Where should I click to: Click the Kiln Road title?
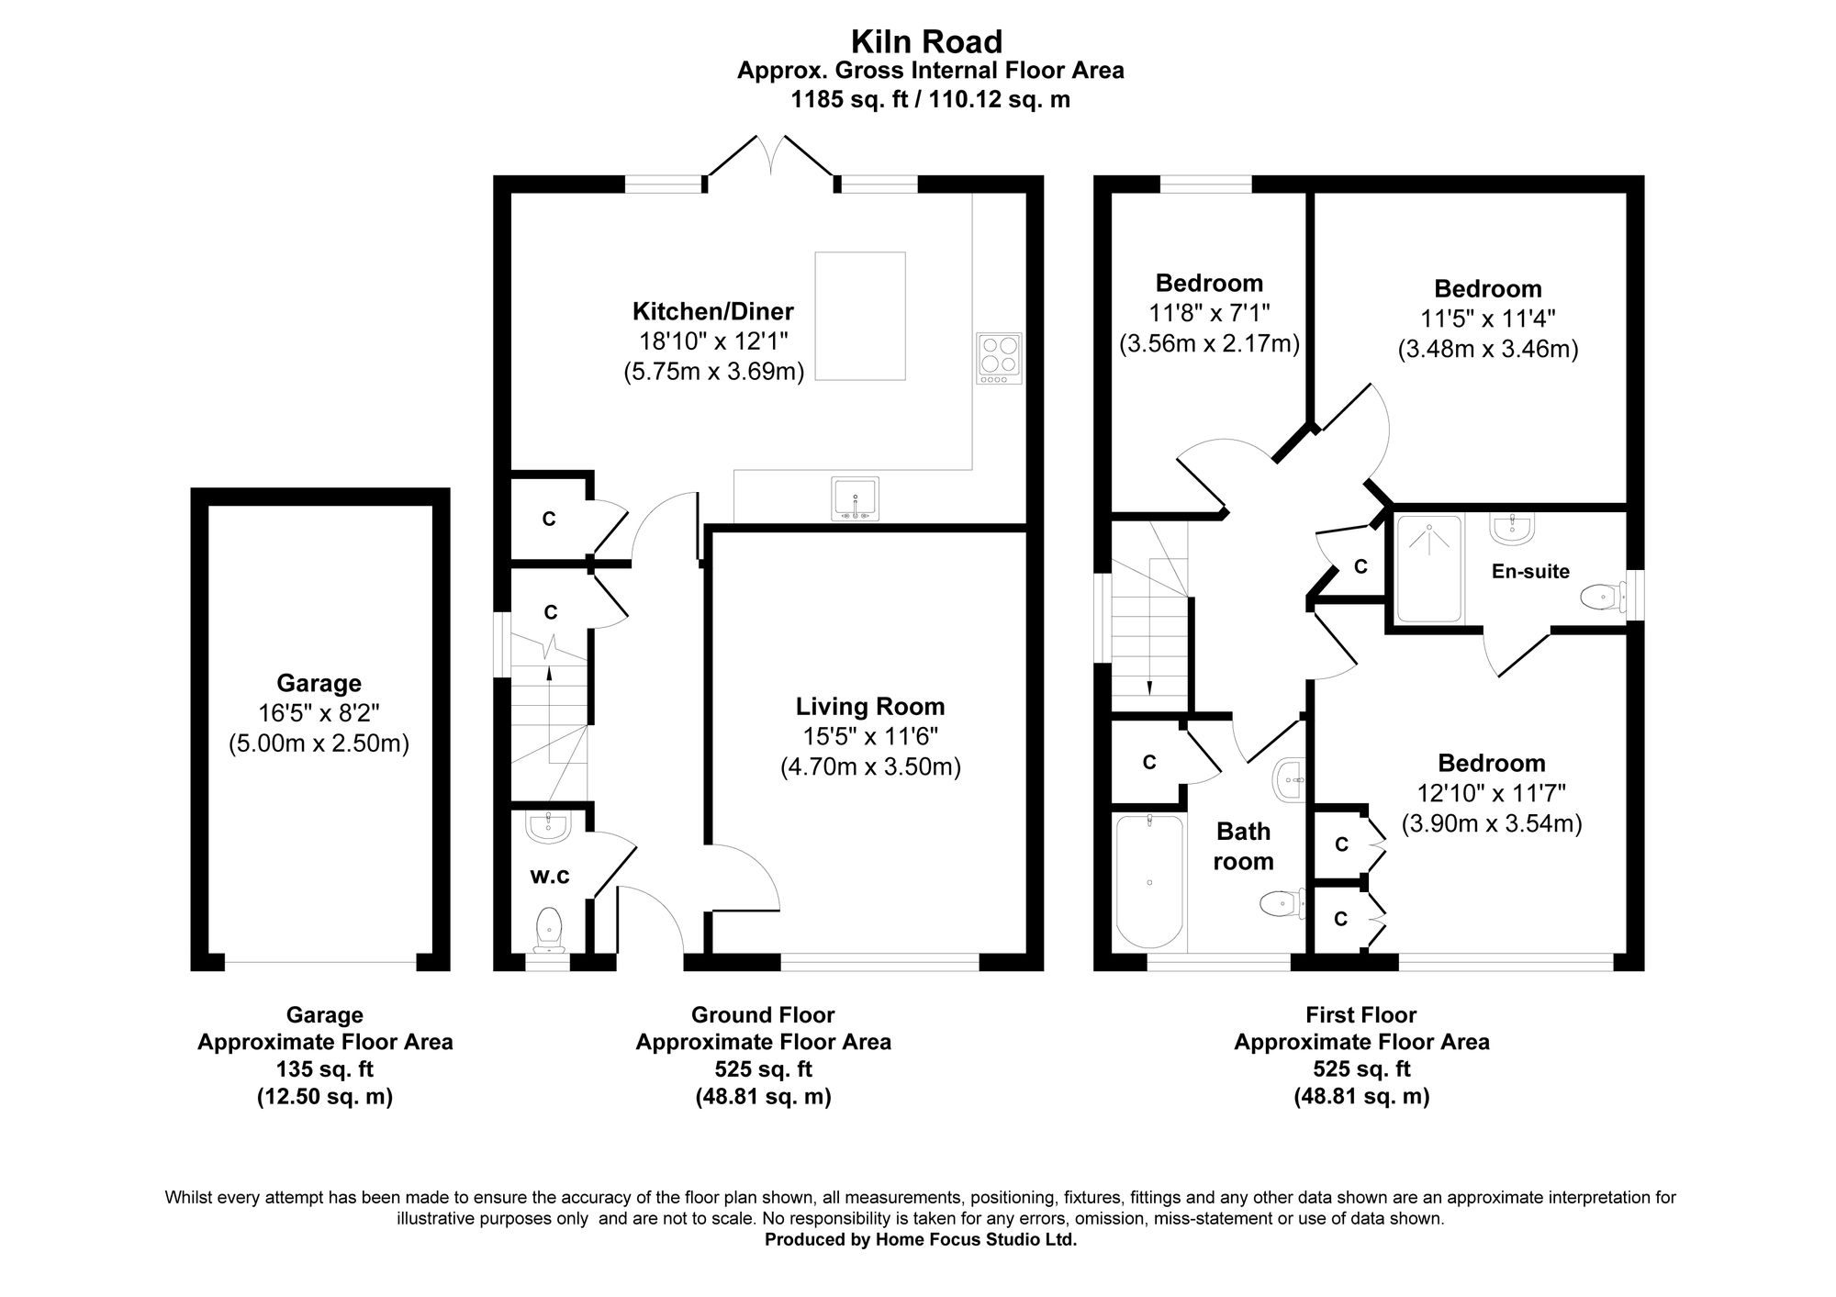point(926,41)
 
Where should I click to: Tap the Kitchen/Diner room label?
point(712,311)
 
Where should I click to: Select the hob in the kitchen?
point(1000,358)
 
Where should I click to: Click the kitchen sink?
point(856,498)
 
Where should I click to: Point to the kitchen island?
point(860,316)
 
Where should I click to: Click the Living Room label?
point(870,707)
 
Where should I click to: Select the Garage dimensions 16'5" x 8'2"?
point(319,713)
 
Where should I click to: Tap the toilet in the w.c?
point(549,928)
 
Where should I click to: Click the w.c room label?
point(550,877)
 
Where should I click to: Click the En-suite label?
point(1530,571)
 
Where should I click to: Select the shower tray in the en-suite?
point(1428,568)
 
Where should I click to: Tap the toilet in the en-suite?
point(1604,598)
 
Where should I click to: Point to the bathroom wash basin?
point(1290,779)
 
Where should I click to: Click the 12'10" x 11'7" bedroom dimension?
point(1492,793)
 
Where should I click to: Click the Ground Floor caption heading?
point(763,1015)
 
